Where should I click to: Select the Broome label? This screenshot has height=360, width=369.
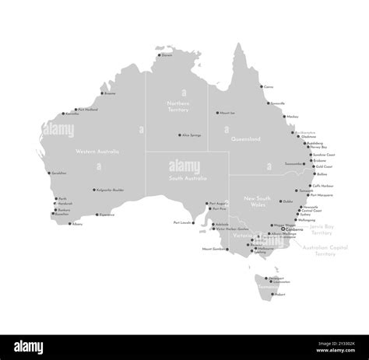click(x=110, y=93)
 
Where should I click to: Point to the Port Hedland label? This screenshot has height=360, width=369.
click(x=86, y=110)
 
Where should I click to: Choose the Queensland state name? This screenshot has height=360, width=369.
click(x=246, y=139)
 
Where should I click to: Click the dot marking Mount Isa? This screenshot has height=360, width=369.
click(x=218, y=114)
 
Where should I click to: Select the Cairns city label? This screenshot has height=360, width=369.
click(x=269, y=87)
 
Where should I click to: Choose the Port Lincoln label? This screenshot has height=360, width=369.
click(x=184, y=222)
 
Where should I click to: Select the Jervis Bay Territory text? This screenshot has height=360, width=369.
click(x=322, y=229)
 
